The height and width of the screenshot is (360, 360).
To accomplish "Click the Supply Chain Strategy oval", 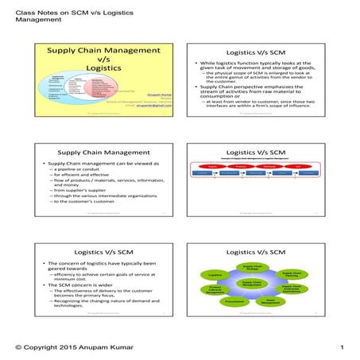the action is tap(251, 267).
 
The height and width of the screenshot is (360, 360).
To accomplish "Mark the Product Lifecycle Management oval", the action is tap(214, 288).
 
